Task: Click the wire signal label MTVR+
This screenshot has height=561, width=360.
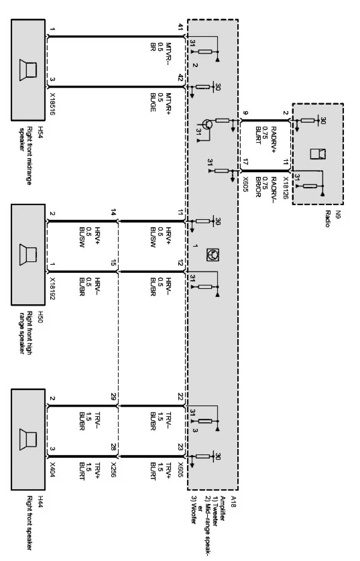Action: (x=168, y=102)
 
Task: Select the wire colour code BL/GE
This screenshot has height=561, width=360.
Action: (x=153, y=102)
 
